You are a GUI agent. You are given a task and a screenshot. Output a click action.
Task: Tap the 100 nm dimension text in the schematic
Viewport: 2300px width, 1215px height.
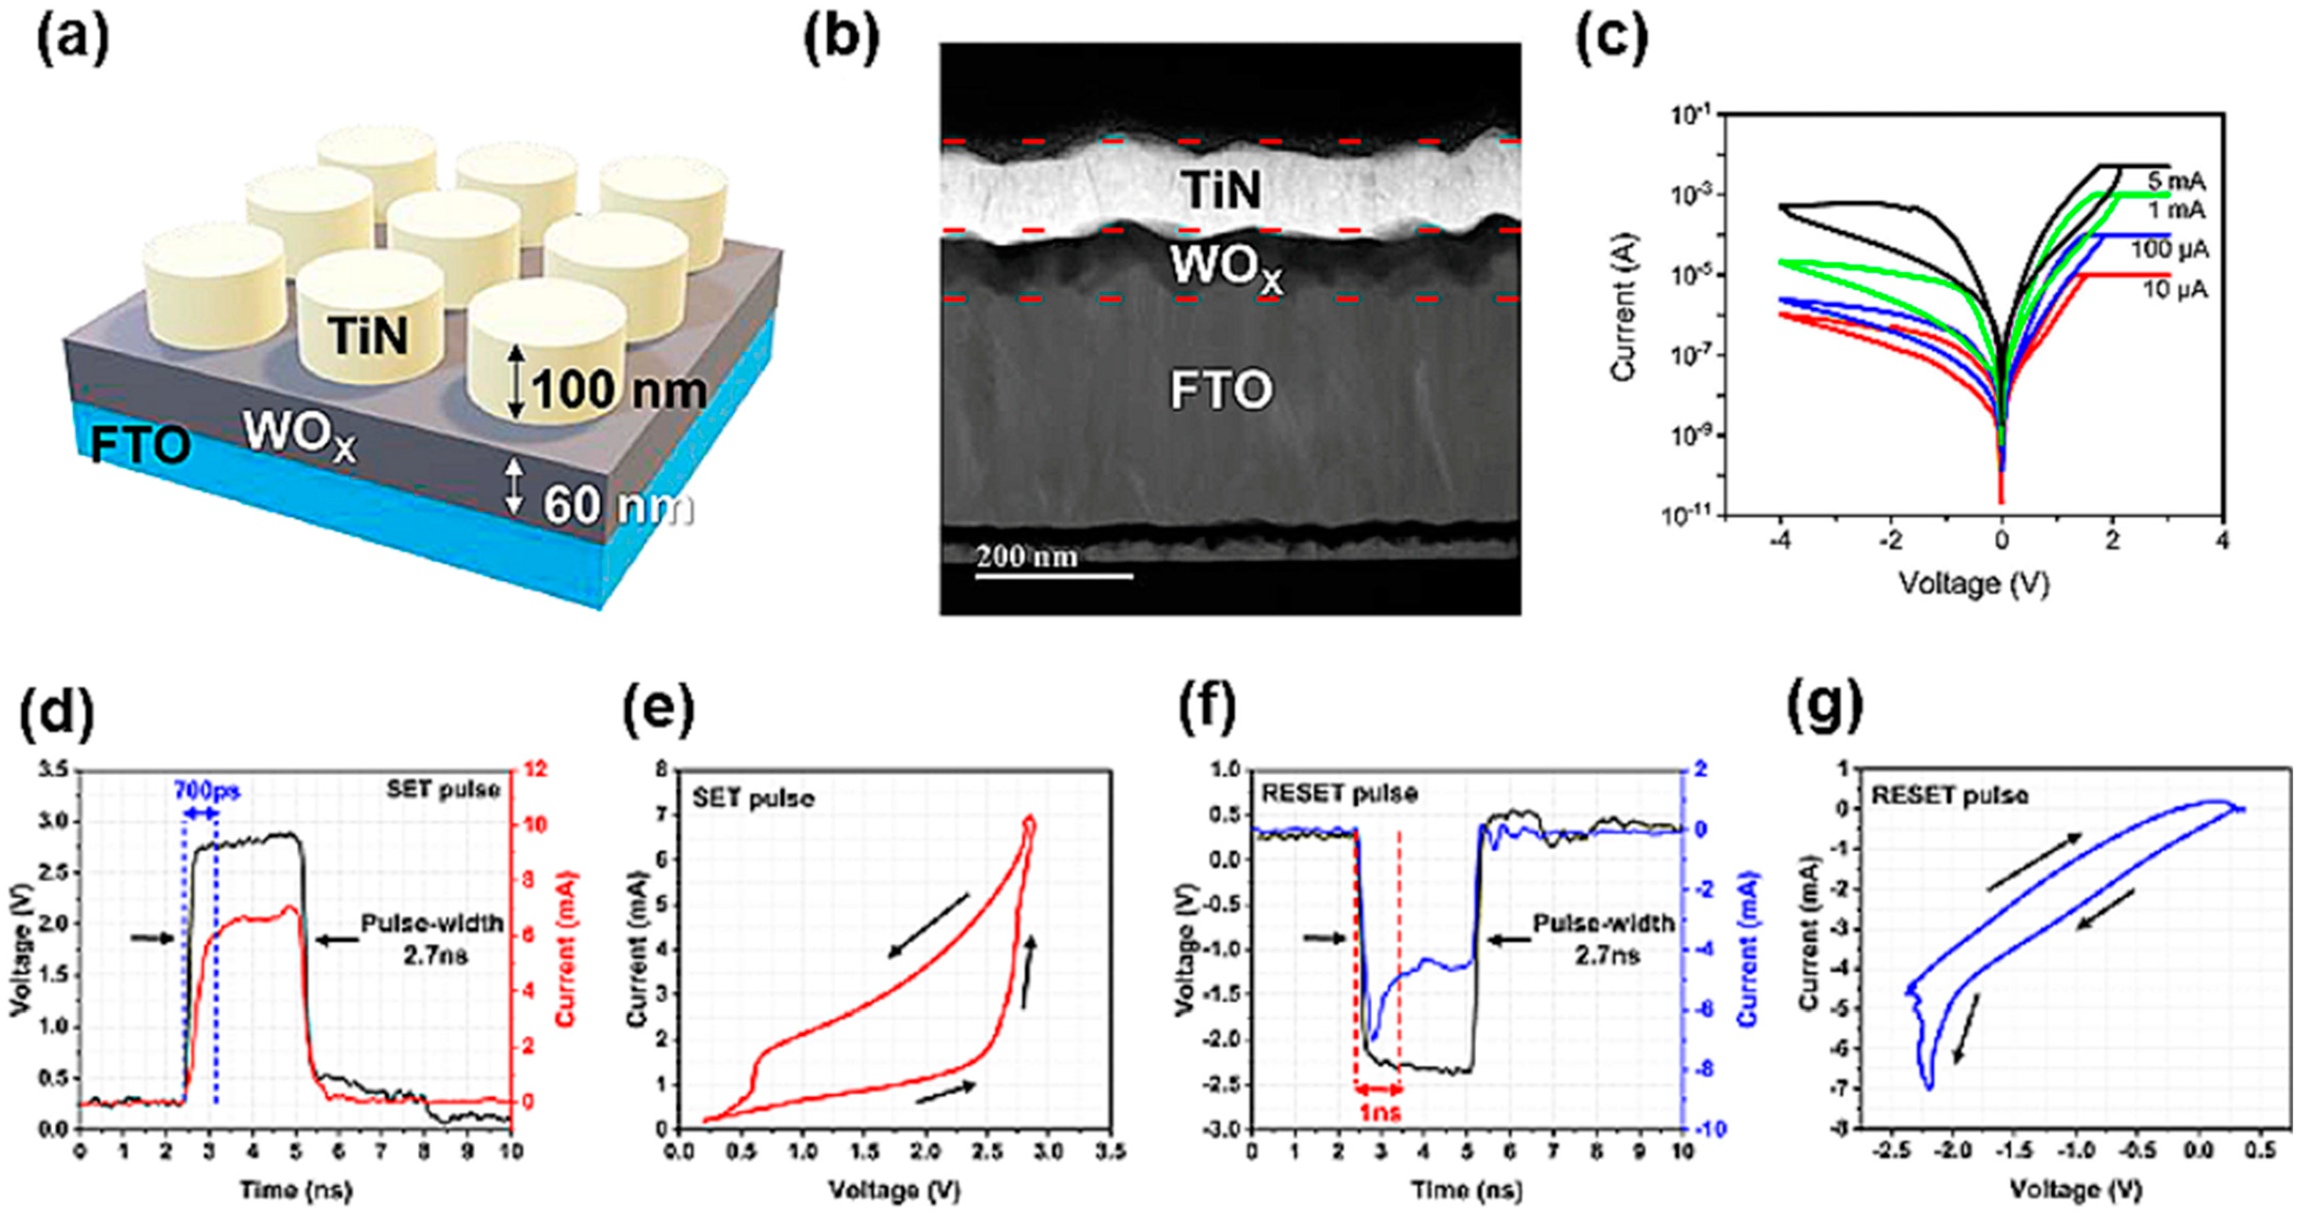tap(619, 390)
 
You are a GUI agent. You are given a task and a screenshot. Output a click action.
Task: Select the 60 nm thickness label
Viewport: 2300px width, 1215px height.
tap(618, 506)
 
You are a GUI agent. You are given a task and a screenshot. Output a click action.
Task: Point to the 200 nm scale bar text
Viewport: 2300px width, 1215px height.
tap(1027, 557)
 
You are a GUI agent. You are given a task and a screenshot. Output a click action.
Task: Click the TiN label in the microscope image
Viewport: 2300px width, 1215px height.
tap(1222, 190)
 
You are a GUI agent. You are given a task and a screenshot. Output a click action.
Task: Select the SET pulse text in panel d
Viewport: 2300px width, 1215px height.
tap(443, 789)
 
